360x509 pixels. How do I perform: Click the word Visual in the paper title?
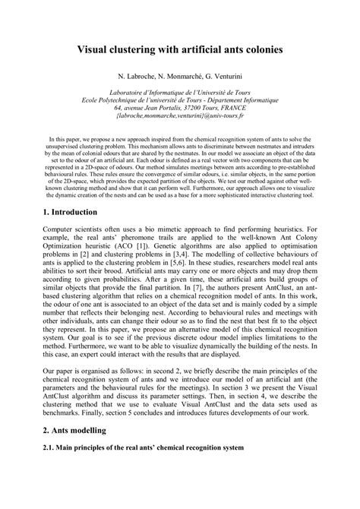coord(98,48)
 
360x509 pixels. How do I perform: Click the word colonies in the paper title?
coord(261,48)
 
